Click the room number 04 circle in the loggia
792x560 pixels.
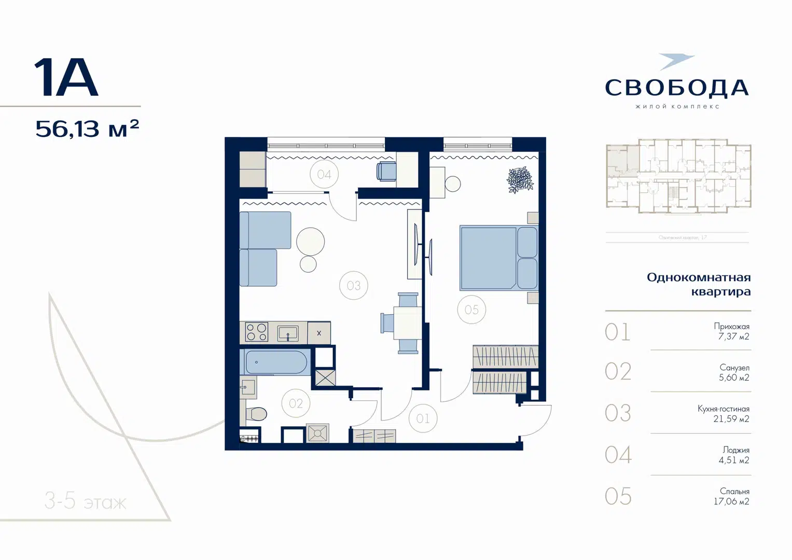[324, 175]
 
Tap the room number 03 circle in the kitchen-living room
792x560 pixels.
[354, 286]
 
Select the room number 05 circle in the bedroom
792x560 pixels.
[471, 310]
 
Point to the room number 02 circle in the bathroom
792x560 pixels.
[296, 403]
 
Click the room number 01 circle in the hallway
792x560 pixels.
[423, 418]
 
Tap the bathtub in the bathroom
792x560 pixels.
[276, 362]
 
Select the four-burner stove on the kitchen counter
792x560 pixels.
[256, 332]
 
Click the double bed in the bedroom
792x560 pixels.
[498, 258]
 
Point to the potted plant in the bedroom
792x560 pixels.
[520, 180]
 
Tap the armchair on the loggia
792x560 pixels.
[386, 171]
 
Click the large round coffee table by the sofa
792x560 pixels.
[310, 242]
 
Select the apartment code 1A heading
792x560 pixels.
[66, 78]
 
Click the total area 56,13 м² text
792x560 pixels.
[87, 129]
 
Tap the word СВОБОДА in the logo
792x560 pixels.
[677, 88]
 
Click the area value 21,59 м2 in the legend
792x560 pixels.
[731, 419]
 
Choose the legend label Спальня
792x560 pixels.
[734, 491]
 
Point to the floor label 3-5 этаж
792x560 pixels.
[86, 501]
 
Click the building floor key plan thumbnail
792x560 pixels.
[678, 176]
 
